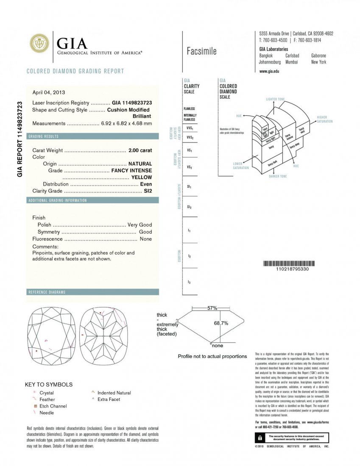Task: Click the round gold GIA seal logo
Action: pos(39,44)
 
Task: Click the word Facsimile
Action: pos(201,51)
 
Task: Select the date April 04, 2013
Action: pos(49,92)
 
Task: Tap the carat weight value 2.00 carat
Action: pos(140,150)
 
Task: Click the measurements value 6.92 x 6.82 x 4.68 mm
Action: pos(126,123)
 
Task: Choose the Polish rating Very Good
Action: pos(140,225)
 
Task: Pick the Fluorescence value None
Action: pos(145,239)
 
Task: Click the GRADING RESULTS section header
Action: pos(43,136)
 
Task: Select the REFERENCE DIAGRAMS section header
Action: pos(47,292)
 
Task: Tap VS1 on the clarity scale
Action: pos(189,150)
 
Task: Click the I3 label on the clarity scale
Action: pos(189,282)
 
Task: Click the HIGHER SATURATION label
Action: pos(325,119)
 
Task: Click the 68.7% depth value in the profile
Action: pos(221,323)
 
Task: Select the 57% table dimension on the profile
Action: pos(212,308)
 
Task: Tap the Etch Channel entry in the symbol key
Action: pos(53,406)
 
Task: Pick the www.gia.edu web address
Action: pos(269,71)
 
